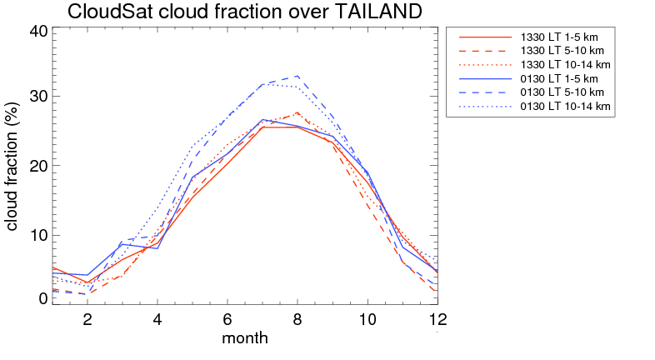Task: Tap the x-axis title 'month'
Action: pos(245,338)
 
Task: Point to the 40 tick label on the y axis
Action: pos(38,32)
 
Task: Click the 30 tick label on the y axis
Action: pos(38,97)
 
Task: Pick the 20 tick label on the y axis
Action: pos(38,166)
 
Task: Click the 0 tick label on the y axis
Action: pos(43,298)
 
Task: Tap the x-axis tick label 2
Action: pos(87,318)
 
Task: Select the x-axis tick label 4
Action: pos(157,318)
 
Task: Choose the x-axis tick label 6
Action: pos(227,318)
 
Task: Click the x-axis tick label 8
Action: pos(297,318)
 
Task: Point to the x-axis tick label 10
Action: pos(367,318)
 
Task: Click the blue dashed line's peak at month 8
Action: pos(297,77)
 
